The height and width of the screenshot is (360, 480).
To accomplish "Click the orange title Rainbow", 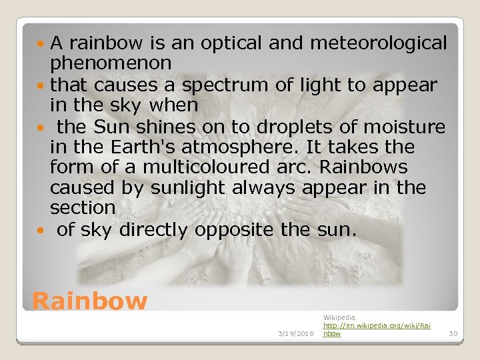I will (x=89, y=301).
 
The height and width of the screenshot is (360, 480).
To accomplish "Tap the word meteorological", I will (x=379, y=43).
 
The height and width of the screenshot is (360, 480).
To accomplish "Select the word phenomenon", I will (x=111, y=64).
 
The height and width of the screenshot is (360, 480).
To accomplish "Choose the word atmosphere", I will (x=236, y=147).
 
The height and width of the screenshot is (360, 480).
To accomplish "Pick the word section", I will (x=83, y=209).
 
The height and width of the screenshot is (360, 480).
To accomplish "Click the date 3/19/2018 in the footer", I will (x=295, y=333).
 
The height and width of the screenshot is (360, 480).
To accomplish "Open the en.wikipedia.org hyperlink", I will (x=377, y=325).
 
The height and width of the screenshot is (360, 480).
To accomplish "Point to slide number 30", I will (x=453, y=333).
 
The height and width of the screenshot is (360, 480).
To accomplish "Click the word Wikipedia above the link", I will (x=340, y=317).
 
